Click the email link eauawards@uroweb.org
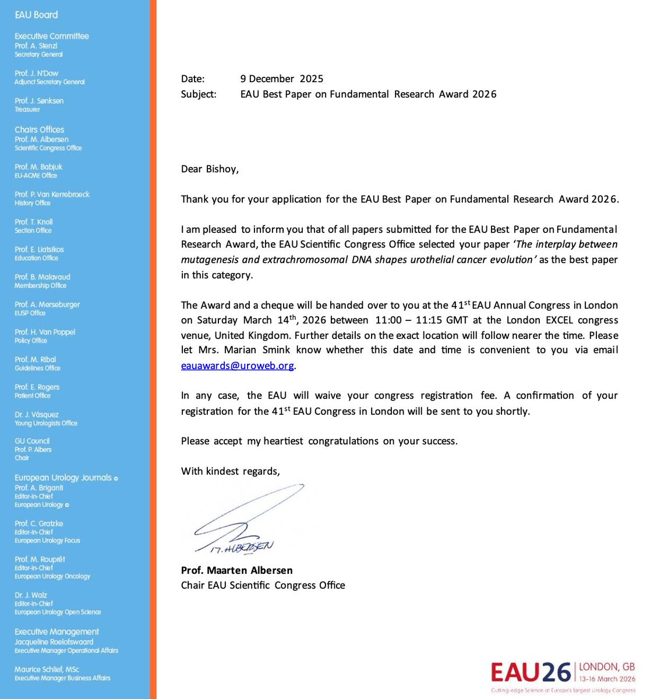pos(238,366)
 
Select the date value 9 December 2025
pos(281,79)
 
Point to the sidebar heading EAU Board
pos(36,15)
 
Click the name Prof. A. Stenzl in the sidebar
pos(36,45)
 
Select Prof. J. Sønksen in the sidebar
pos(39,101)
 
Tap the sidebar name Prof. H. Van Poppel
pos(45,332)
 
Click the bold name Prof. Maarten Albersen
pos(236,570)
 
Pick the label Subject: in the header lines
pos(198,94)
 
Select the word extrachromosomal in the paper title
pos(298,260)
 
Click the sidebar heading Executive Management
pos(56,631)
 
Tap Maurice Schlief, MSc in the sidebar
pos(47,669)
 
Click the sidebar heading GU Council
pos(32,441)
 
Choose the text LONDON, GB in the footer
pos(607,667)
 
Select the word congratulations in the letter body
pos(343,441)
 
